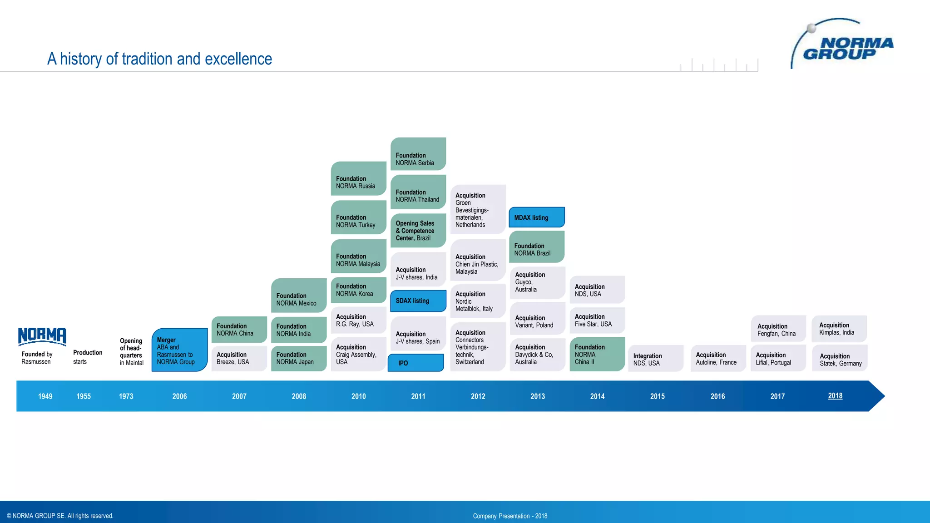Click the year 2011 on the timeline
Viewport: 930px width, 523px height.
coord(418,396)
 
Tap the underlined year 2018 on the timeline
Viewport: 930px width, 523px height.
coord(835,396)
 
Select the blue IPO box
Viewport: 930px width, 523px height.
coord(416,363)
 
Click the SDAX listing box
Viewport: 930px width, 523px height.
coord(418,301)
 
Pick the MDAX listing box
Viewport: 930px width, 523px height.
coord(537,217)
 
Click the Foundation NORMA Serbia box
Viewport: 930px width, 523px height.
coord(418,154)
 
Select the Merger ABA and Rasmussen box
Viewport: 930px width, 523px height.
coord(179,350)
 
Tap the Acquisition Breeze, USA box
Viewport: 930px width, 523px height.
coord(239,358)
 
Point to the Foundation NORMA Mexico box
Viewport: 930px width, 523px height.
coord(299,296)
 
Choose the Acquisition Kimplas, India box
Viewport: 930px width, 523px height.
coord(839,329)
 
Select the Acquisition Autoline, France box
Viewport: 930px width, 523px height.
coord(718,359)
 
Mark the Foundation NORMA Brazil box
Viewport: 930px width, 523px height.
coord(537,247)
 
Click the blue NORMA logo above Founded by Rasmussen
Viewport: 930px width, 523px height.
coord(42,336)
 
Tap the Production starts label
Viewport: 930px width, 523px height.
coord(87,357)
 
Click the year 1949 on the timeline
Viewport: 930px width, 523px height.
coord(45,396)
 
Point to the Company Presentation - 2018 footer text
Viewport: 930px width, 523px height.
coord(510,516)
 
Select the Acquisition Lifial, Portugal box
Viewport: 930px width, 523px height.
coord(778,359)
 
